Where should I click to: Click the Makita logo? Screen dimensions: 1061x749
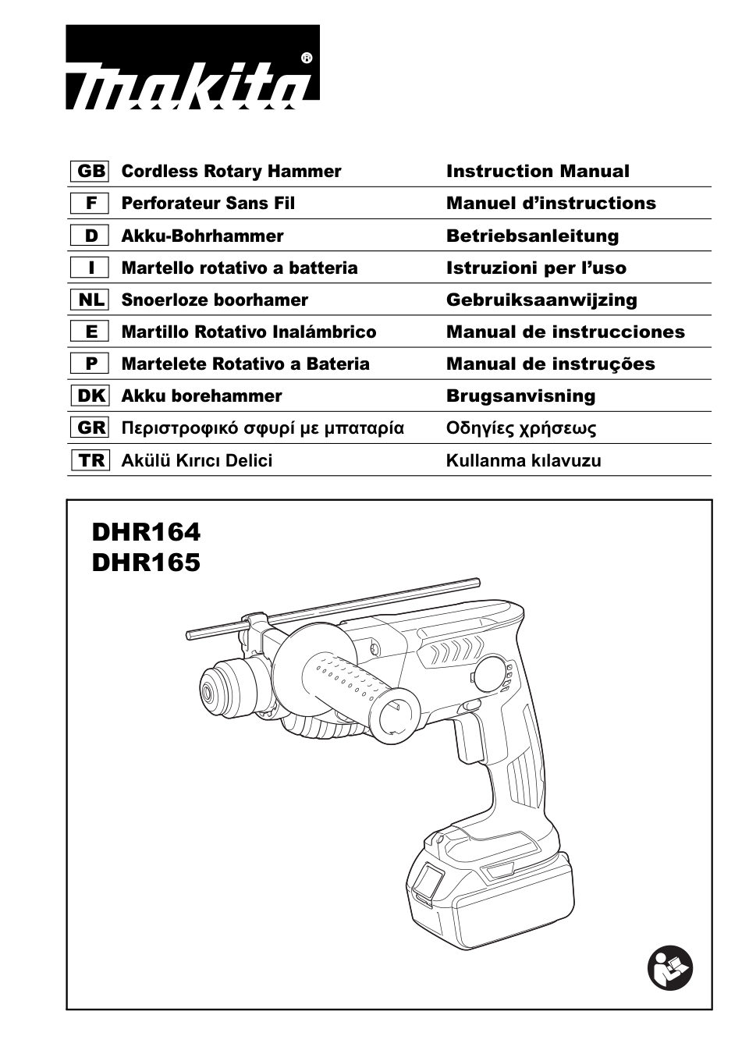pyautogui.click(x=192, y=68)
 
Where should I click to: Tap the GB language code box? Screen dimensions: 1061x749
pyautogui.click(x=91, y=171)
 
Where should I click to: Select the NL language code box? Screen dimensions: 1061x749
pyautogui.click(x=91, y=300)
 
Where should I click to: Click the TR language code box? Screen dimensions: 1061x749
pyautogui.click(x=91, y=460)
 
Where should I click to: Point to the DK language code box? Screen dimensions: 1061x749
pyautogui.click(x=91, y=396)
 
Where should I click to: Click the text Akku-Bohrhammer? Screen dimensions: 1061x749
pyautogui.click(x=202, y=236)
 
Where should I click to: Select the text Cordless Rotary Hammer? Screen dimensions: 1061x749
pyautogui.click(x=231, y=171)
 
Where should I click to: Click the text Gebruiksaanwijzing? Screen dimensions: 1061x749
pyautogui.click(x=541, y=300)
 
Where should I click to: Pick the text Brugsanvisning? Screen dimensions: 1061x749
pyautogui.click(x=520, y=396)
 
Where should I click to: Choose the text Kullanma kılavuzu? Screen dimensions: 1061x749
pyautogui.click(x=524, y=460)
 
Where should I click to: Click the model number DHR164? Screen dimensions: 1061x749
pyautogui.click(x=146, y=532)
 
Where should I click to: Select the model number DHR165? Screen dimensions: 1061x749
pyautogui.click(x=146, y=562)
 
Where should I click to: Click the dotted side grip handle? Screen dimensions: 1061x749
pyautogui.click(x=351, y=683)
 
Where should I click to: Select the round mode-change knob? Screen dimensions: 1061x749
pyautogui.click(x=492, y=674)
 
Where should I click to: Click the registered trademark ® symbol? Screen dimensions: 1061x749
pyautogui.click(x=307, y=58)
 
